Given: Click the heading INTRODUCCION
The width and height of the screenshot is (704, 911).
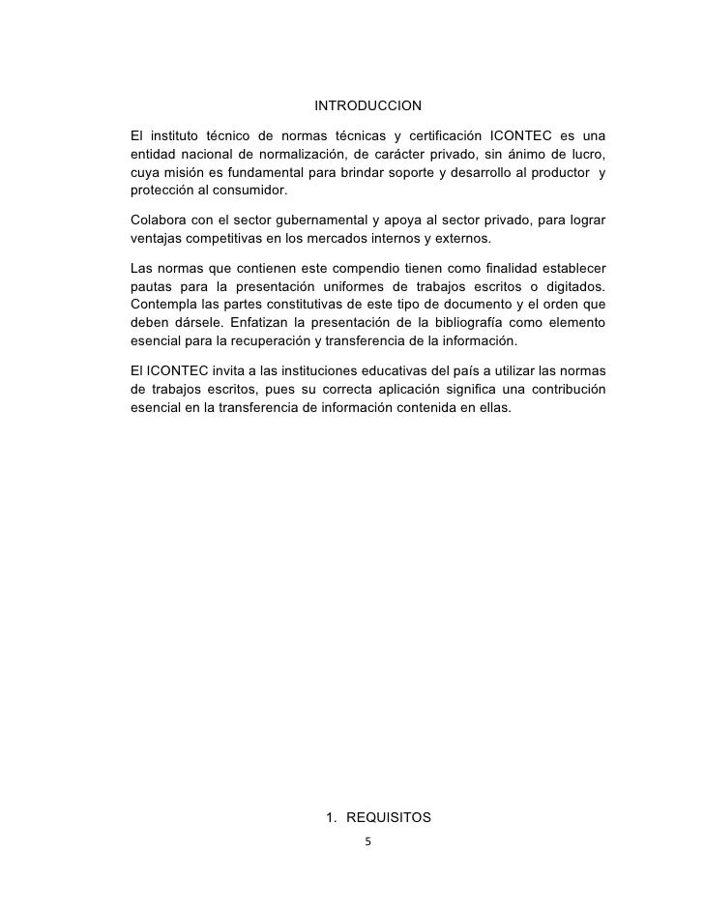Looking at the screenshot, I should click(368, 104).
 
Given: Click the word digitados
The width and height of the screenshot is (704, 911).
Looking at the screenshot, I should click(572, 287).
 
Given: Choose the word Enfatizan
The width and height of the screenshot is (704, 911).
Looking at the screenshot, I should click(267, 323).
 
